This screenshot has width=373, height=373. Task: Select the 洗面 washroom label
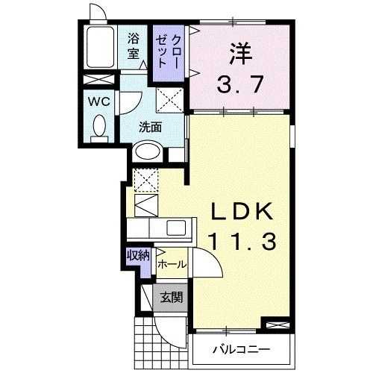150,127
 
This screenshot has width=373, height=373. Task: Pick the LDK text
237,213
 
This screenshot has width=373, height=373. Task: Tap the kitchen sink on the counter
178,228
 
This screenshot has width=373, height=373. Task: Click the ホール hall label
172,264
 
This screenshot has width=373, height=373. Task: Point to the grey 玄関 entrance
171,298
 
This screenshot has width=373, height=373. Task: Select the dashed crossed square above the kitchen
144,179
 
